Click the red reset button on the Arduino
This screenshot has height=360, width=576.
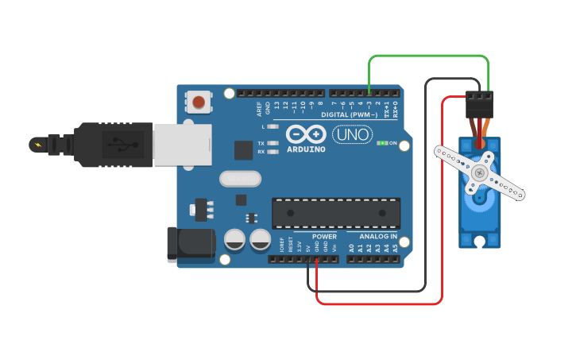point(198,101)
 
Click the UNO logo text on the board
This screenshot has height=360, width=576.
point(351,135)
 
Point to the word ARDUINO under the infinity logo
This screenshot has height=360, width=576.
point(306,149)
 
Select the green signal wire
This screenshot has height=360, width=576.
point(429,56)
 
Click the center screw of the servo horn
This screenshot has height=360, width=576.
point(479,172)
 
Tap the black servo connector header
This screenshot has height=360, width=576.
point(480,104)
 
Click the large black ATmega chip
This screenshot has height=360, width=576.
point(336,213)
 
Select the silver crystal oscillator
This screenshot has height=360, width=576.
point(240,179)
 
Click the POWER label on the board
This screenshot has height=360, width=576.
point(323,236)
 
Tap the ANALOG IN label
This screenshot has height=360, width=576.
point(377,236)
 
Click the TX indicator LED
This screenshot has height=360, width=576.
point(273,143)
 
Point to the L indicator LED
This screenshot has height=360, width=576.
point(273,126)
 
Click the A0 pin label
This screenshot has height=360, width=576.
point(351,248)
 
